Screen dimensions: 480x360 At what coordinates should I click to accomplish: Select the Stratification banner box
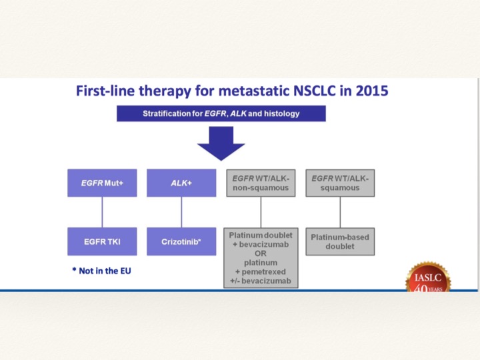pos(221,113)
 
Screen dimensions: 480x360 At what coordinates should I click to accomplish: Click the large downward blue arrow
pos(221,143)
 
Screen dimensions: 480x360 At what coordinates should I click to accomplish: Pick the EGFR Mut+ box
pos(102,183)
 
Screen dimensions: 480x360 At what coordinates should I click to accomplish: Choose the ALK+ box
pos(181,183)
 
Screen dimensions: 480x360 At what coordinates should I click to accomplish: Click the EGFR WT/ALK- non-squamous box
pos(261,183)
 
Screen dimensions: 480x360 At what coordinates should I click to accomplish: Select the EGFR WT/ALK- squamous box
pos(340,183)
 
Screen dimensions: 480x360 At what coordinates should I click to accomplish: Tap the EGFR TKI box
pos(102,241)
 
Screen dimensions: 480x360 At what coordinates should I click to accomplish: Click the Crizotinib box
pos(181,241)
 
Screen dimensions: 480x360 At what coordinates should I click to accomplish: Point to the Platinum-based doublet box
pos(340,241)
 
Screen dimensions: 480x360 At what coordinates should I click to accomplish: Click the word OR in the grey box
pos(261,253)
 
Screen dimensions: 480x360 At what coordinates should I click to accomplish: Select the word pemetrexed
pos(263,272)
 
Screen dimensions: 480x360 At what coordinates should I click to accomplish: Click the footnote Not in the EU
pos(101,271)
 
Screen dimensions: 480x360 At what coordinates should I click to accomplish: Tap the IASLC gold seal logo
pos(428,277)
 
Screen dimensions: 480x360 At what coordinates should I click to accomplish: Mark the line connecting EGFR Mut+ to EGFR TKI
pos(102,212)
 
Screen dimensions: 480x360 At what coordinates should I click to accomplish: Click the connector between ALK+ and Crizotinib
pos(181,212)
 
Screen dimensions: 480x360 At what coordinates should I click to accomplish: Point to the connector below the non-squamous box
pos(261,212)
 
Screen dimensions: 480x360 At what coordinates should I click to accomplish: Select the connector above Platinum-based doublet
pos(340,212)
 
